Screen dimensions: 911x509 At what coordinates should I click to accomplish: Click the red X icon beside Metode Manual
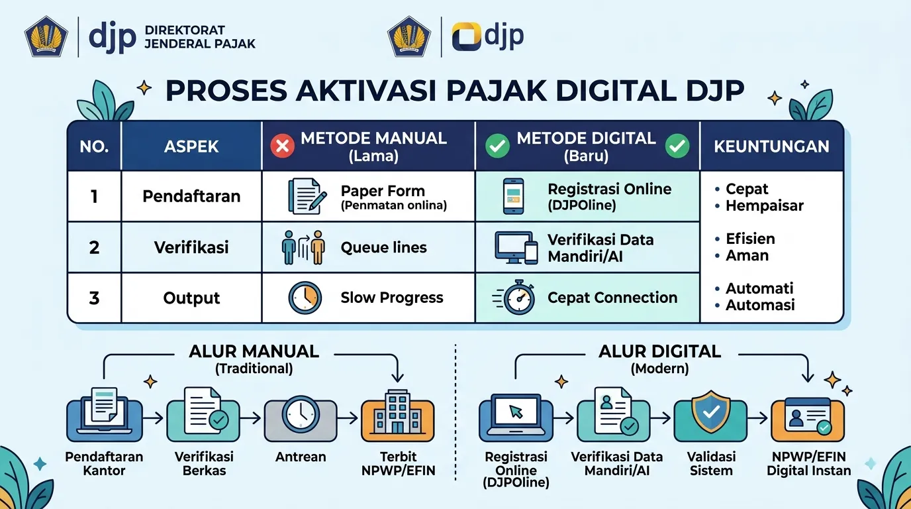coord(282,146)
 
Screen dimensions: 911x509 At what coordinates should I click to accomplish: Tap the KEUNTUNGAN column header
coord(771,146)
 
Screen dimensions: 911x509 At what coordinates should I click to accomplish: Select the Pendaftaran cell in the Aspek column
coord(191,196)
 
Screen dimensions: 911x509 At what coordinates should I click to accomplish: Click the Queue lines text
coord(383,247)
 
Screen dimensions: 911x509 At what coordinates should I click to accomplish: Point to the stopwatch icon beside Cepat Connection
coord(516,298)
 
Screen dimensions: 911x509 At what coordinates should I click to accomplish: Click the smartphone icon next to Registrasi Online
coord(513,196)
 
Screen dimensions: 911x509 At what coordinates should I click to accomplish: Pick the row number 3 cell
coord(94,298)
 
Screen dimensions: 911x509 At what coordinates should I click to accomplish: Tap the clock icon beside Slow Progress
coord(305,298)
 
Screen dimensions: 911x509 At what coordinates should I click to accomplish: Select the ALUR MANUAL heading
coord(254,351)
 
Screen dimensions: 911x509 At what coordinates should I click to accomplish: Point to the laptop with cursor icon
coord(516,417)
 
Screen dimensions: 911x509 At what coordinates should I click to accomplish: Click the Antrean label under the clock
coord(301,457)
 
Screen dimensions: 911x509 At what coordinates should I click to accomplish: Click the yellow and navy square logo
coord(467,36)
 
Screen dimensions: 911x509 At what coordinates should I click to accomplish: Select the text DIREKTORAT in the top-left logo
coord(185,30)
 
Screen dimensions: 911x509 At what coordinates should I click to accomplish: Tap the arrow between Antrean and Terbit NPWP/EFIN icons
coord(348,418)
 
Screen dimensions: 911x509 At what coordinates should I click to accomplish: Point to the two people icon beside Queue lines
coord(303,248)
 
